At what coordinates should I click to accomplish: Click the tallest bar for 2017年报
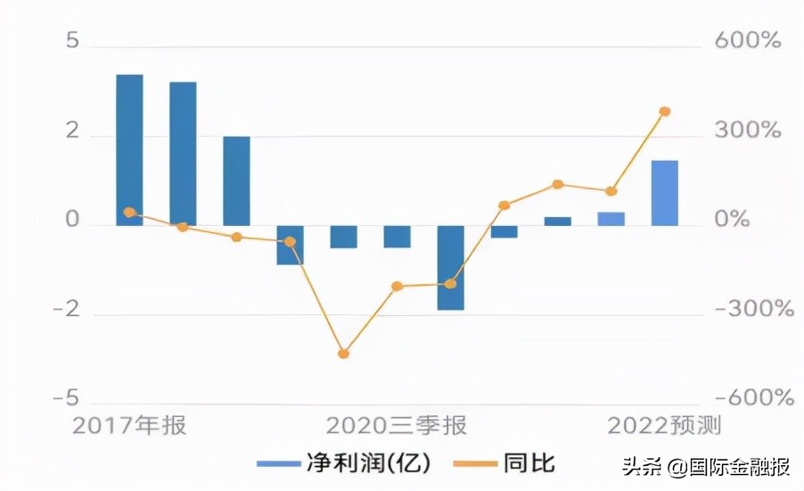point(129,150)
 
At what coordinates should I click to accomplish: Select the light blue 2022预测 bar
point(664,193)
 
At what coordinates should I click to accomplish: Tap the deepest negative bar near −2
point(450,267)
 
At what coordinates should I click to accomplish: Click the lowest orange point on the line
point(343,354)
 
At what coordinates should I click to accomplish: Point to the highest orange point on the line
point(664,112)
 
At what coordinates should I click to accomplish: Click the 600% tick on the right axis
point(749,42)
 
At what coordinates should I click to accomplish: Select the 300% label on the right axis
point(749,131)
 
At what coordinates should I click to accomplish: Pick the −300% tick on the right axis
point(749,310)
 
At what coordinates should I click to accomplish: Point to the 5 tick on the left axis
point(72,42)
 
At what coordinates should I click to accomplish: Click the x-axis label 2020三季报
point(396,426)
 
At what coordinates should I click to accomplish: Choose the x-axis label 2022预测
point(664,426)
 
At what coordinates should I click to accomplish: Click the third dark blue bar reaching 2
point(236,180)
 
